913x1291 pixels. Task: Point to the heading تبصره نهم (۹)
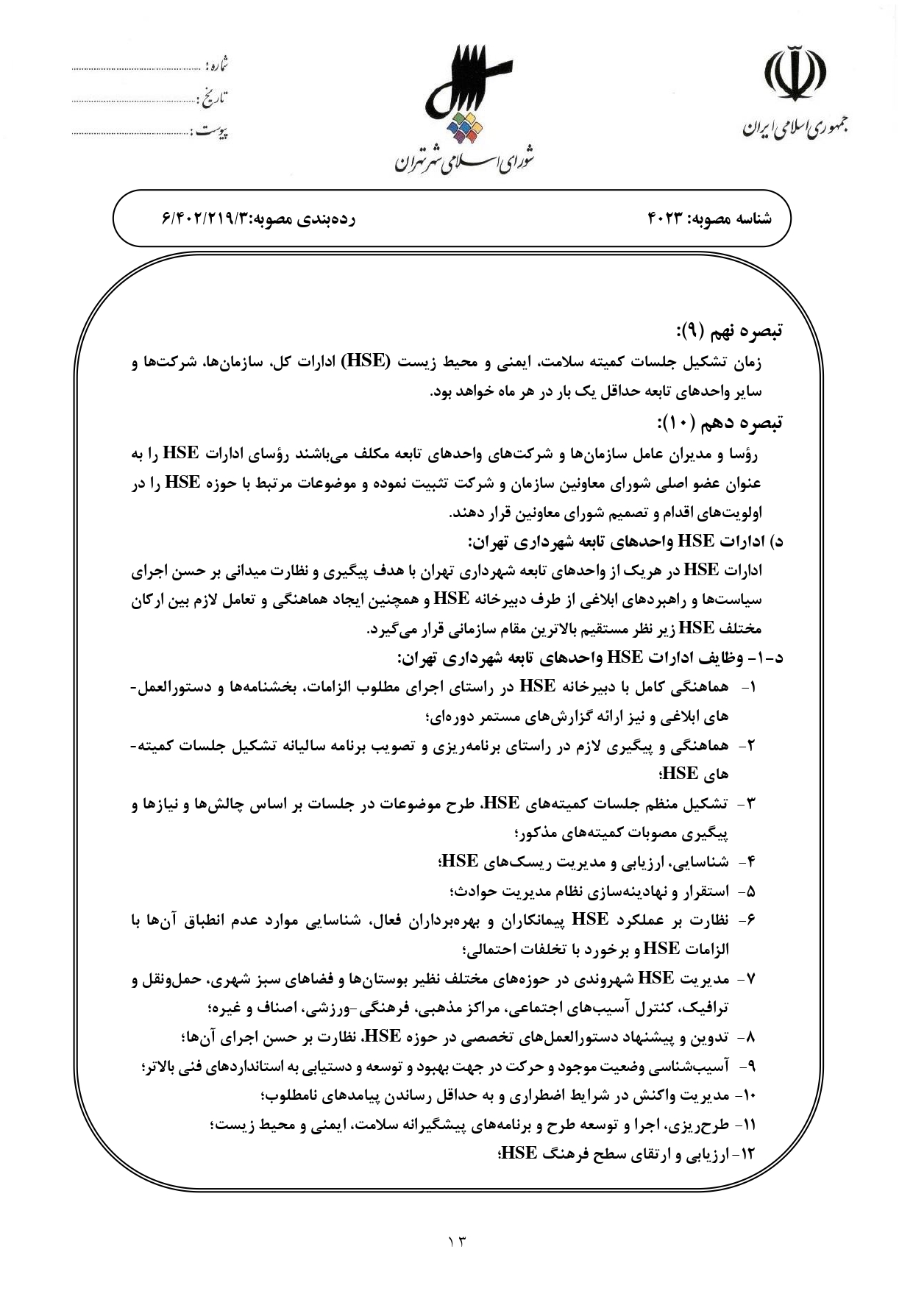click(729, 330)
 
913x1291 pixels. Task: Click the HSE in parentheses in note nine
click(368, 361)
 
